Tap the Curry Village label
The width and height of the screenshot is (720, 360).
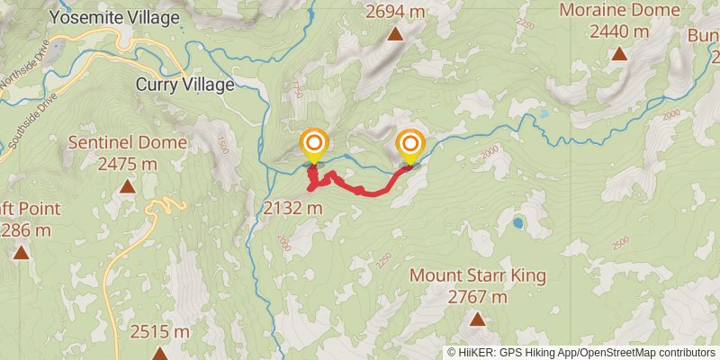tap(184, 85)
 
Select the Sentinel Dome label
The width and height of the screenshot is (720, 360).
tap(128, 142)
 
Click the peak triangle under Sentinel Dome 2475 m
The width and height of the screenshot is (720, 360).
tap(128, 186)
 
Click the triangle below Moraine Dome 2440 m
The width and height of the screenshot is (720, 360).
tap(619, 54)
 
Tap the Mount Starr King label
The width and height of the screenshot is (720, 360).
tap(477, 274)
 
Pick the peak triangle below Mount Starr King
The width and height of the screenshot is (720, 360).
tap(477, 319)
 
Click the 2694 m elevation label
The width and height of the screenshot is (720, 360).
tap(395, 11)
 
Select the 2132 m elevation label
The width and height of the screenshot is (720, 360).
tap(293, 208)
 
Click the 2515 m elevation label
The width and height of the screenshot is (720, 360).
tap(159, 332)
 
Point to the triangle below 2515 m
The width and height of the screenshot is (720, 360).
tap(159, 354)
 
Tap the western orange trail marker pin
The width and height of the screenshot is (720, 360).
tap(313, 144)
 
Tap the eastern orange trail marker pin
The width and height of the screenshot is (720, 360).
tap(410, 144)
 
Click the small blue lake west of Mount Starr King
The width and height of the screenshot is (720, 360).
tap(518, 222)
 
